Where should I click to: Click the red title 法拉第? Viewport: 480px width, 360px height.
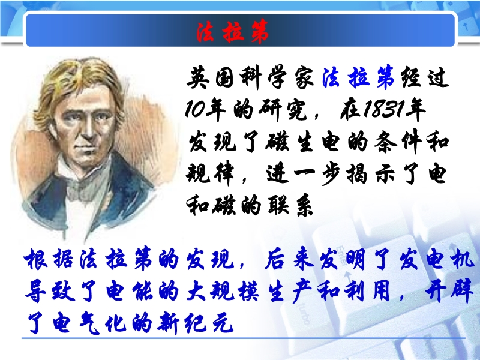(x=232, y=32)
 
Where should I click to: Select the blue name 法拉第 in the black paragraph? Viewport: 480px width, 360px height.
(x=358, y=77)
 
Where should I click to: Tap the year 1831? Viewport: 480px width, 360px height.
(x=383, y=109)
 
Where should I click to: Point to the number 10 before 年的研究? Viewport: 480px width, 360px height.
(x=194, y=109)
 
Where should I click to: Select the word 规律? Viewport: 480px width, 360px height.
(x=210, y=174)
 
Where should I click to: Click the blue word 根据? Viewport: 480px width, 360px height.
(x=49, y=260)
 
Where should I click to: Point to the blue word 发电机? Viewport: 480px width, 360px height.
(x=437, y=260)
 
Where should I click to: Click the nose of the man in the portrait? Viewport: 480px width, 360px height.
(x=89, y=130)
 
